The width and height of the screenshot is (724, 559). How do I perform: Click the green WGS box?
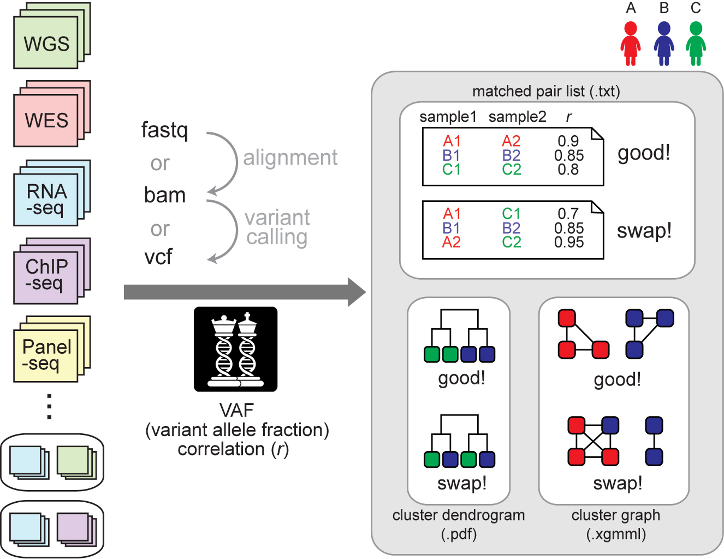pyautogui.click(x=46, y=43)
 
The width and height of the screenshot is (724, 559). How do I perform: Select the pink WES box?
pyautogui.click(x=46, y=120)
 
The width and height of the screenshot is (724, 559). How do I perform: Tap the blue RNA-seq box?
pyautogui.click(x=46, y=200)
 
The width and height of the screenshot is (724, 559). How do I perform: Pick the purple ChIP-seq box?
pyautogui.click(x=46, y=278)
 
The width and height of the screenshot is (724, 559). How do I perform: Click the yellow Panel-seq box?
pyautogui.click(x=46, y=356)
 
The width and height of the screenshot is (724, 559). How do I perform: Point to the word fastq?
pyautogui.click(x=164, y=130)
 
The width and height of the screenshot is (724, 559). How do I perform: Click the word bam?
pyautogui.click(x=164, y=195)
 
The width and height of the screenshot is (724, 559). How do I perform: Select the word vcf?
pyautogui.click(x=158, y=257)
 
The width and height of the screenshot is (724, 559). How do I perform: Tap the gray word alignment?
pyautogui.click(x=290, y=157)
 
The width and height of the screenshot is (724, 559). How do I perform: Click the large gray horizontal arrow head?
pyautogui.click(x=356, y=292)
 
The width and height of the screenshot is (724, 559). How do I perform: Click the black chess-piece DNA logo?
pyautogui.click(x=235, y=349)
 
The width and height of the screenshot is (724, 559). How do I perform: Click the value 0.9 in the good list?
pyautogui.click(x=568, y=141)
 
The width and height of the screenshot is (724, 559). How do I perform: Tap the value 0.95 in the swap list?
pyautogui.click(x=569, y=242)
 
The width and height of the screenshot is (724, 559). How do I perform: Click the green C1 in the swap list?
pyautogui.click(x=511, y=214)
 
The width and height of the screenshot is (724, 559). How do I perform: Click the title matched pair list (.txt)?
pyautogui.click(x=546, y=92)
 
